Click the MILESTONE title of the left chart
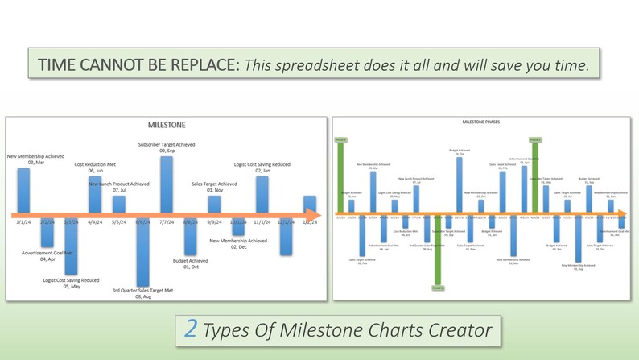(167, 126)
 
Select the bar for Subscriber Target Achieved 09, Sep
(167, 184)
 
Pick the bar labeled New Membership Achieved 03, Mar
(23, 189)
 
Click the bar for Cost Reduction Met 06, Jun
(95, 193)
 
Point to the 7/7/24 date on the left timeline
(167, 222)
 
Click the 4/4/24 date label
(95, 222)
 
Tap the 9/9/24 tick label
(214, 222)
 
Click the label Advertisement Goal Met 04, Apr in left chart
(47, 256)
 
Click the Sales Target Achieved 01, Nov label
(214, 187)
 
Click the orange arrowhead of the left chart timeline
(316, 214)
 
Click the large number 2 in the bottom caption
(191, 328)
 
